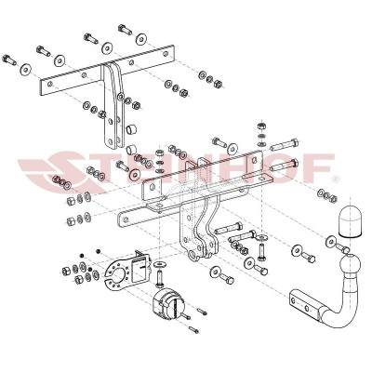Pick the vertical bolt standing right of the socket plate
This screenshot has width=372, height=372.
pos(160,275)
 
